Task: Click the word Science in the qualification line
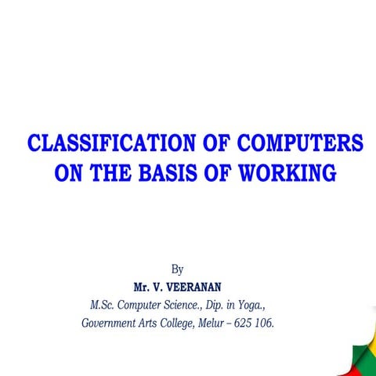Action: point(187,304)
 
